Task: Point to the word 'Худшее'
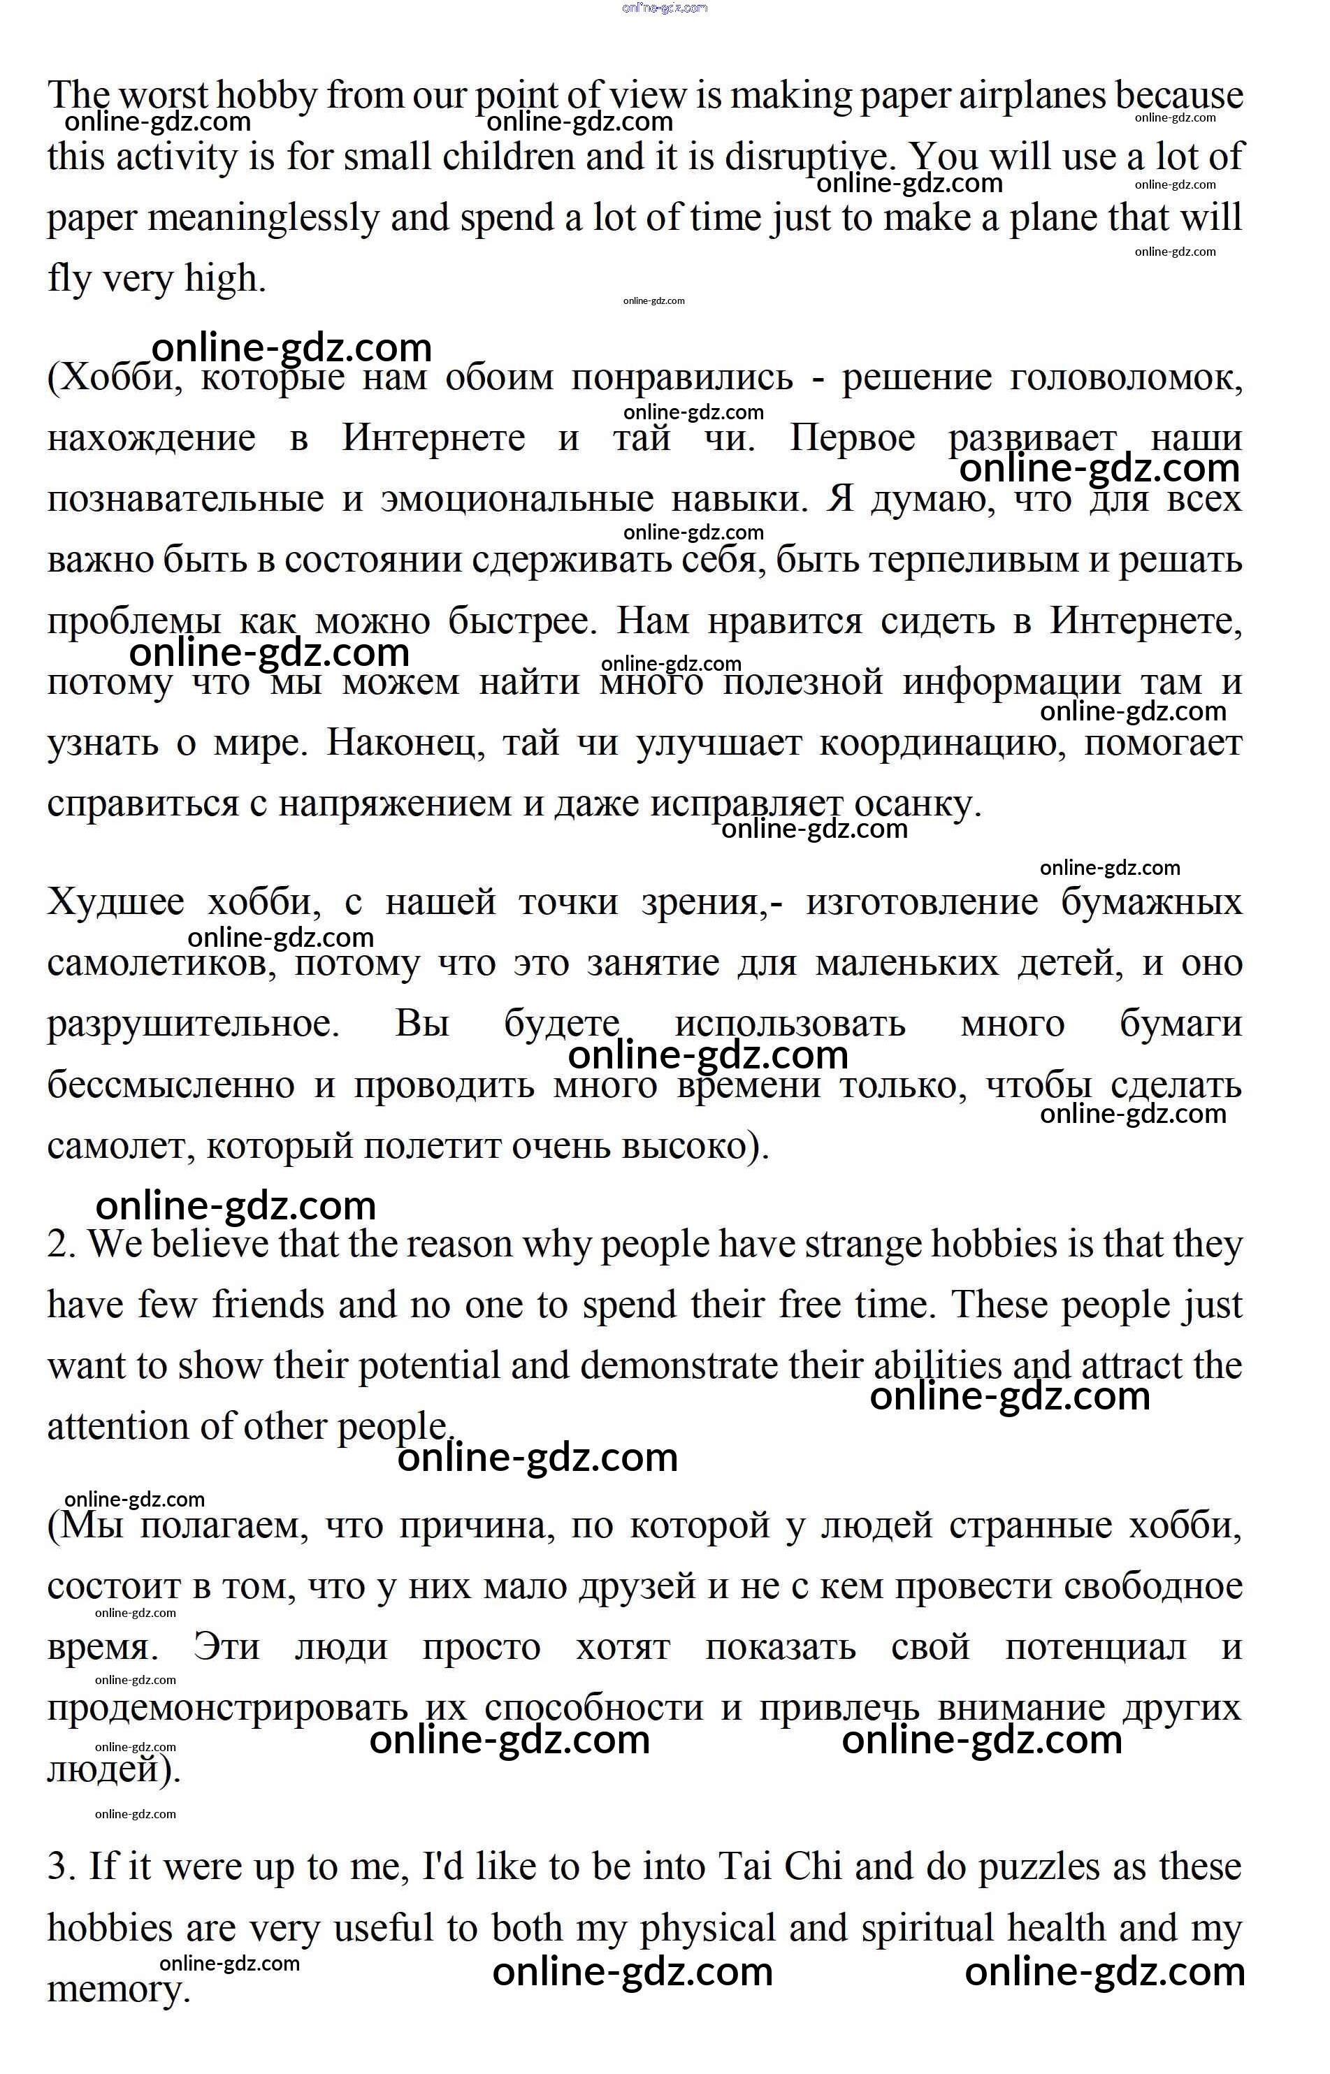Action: tap(116, 902)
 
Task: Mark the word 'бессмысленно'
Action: tap(171, 1085)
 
